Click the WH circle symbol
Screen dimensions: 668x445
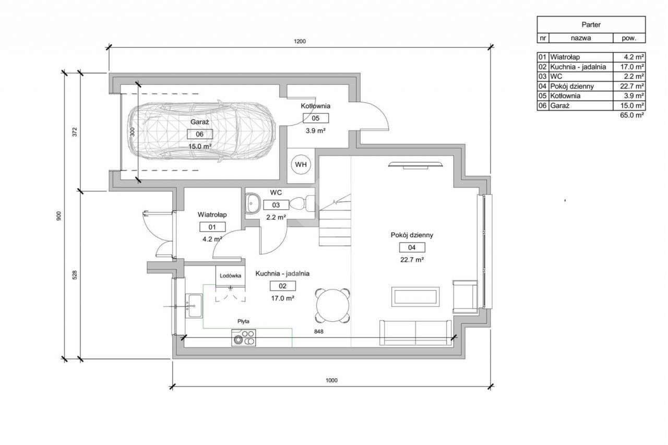point(301,164)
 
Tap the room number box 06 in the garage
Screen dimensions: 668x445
point(200,134)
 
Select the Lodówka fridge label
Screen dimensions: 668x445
point(231,276)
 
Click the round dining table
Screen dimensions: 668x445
point(332,306)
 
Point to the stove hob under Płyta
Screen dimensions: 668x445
point(243,338)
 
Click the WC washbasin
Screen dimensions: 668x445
point(252,203)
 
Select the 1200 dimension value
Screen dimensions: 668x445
point(300,41)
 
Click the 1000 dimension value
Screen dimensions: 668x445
point(331,380)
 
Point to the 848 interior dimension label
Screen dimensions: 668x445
point(318,331)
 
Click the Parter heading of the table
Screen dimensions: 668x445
point(591,25)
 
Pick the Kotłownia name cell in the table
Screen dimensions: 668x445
point(581,96)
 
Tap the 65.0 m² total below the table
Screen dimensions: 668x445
point(632,115)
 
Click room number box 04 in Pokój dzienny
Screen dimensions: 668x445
point(412,247)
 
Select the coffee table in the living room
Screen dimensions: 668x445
point(415,296)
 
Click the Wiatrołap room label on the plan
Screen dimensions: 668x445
point(212,214)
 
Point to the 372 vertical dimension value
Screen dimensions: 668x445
point(75,132)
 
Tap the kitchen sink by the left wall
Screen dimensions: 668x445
point(194,306)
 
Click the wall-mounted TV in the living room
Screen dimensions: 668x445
point(415,165)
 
